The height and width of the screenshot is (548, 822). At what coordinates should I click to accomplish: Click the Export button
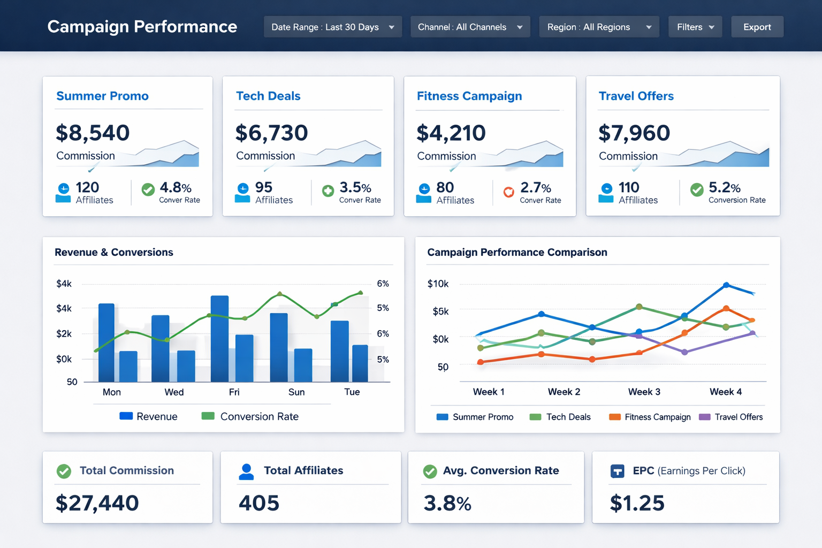tap(757, 27)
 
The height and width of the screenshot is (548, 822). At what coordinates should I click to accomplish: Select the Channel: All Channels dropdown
tap(470, 27)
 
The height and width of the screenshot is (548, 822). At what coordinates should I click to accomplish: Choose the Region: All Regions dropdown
tap(599, 27)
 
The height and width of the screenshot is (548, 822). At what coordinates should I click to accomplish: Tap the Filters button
tap(695, 27)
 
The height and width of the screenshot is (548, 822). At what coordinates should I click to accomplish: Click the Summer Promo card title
tap(102, 96)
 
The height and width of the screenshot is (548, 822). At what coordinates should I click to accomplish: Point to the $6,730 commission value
tap(271, 133)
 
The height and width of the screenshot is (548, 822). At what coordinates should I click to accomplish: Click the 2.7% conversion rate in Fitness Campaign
tap(535, 188)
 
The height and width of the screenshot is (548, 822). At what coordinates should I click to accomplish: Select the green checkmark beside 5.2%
tap(697, 189)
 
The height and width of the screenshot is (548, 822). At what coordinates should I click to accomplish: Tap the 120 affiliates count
tap(87, 187)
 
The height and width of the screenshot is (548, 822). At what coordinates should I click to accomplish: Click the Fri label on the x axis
tap(234, 392)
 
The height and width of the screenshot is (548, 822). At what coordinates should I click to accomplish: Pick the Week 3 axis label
tap(644, 392)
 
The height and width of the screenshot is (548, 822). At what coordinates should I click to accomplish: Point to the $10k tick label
tap(438, 284)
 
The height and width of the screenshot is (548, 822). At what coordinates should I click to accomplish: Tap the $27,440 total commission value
tap(97, 503)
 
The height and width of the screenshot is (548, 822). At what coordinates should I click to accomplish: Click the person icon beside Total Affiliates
tap(246, 471)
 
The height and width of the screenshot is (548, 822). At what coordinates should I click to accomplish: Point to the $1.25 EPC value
tap(637, 503)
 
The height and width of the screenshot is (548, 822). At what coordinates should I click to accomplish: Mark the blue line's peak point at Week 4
tap(726, 285)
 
